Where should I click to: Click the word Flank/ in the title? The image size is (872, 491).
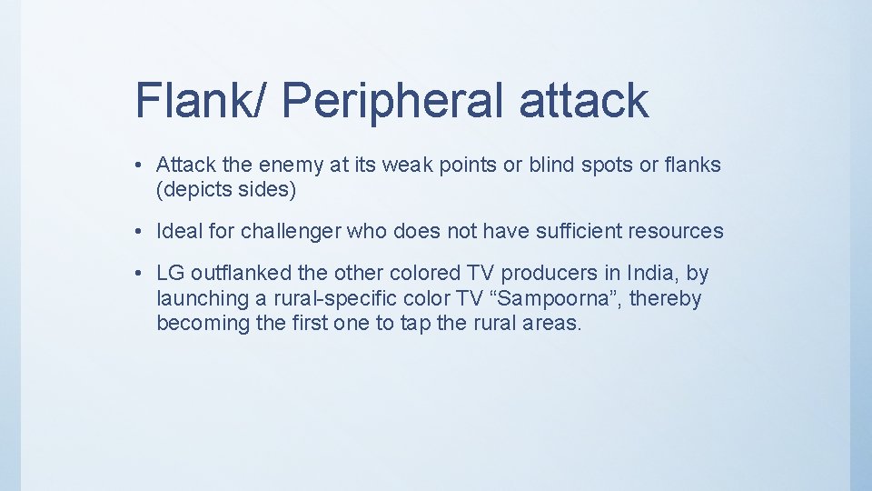[x=191, y=99]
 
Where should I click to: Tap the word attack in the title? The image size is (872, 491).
[x=584, y=99]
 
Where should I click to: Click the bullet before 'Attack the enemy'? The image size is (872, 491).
[x=134, y=165]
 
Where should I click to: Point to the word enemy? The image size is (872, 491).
[x=296, y=165]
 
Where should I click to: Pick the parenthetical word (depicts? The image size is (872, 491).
[x=193, y=190]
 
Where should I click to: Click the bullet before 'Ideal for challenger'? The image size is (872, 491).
[x=134, y=232]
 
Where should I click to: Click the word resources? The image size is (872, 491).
[x=679, y=231]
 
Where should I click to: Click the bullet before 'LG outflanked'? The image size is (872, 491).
[x=134, y=274]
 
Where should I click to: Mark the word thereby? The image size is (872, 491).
[x=666, y=297]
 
